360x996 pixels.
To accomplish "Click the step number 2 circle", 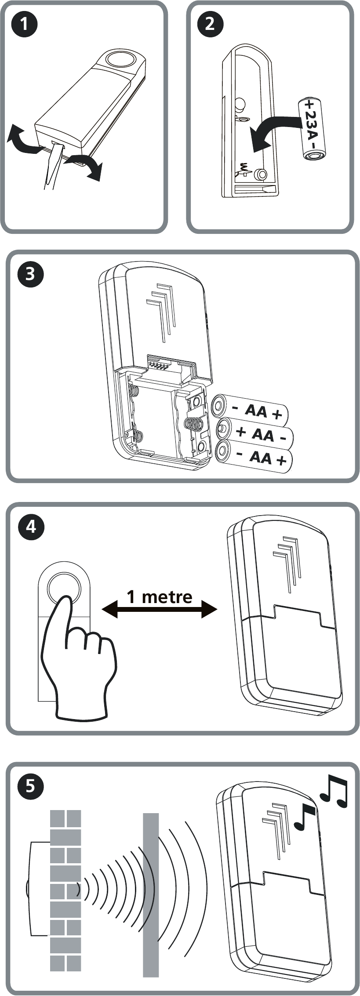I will (210, 23).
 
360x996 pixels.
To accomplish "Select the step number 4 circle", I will (31, 526).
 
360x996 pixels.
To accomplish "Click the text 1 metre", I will (160, 596).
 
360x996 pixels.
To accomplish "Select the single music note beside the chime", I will (305, 817).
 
